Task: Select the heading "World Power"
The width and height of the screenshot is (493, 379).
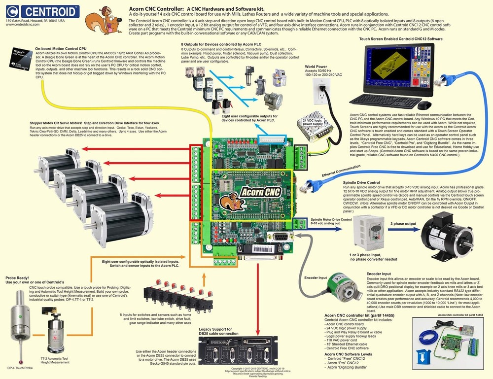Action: [x=316, y=67]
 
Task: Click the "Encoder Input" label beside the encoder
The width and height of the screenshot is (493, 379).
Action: [x=316, y=278]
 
